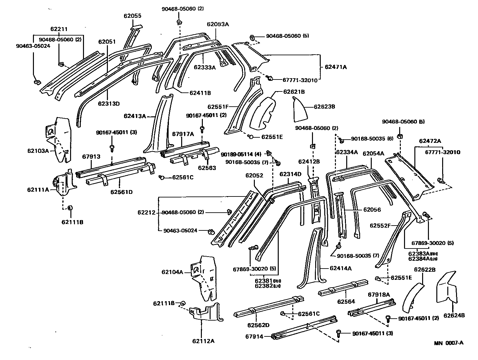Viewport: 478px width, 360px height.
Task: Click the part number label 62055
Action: pyautogui.click(x=132, y=16)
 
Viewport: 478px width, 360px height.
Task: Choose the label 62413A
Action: pyautogui.click(x=135, y=116)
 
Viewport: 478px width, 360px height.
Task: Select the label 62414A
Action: pyautogui.click(x=340, y=268)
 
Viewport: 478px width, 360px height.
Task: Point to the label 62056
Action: pyautogui.click(x=372, y=210)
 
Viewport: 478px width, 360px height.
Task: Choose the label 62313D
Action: pyautogui.click(x=109, y=104)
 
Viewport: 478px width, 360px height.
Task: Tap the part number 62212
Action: pyautogui.click(x=147, y=212)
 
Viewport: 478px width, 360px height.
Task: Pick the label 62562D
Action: pyautogui.click(x=258, y=325)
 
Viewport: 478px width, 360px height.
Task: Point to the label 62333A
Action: pyautogui.click(x=204, y=67)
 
